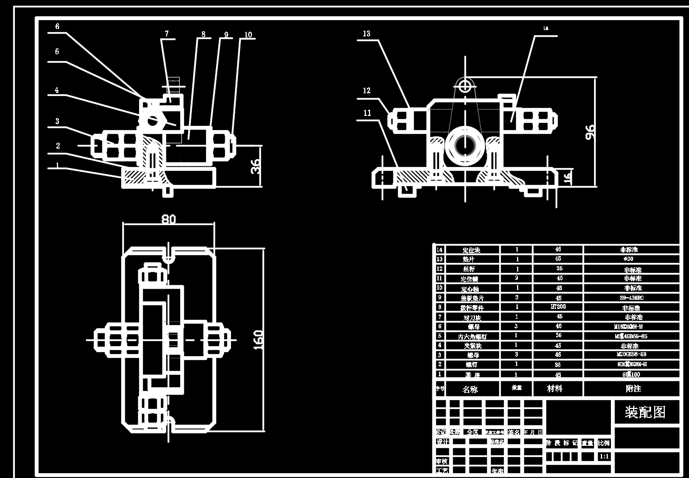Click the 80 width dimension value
(169, 219)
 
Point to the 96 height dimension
(590, 132)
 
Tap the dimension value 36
(255, 166)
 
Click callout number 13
(366, 34)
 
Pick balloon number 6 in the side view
(57, 26)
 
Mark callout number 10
(248, 35)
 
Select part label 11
(367, 113)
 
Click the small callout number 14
(546, 29)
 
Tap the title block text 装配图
(645, 412)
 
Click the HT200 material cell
(558, 306)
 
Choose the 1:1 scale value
(605, 456)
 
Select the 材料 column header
(555, 388)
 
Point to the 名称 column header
(470, 389)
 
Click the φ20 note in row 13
(631, 259)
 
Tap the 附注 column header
(633, 388)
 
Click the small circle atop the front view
(464, 85)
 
